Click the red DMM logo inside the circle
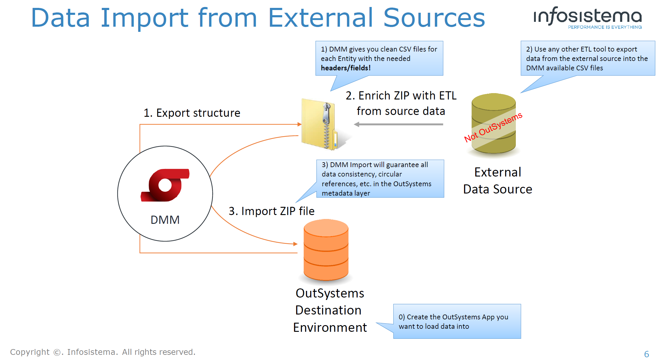tap(165, 185)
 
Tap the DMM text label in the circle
tap(165, 220)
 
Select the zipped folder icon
tap(319, 124)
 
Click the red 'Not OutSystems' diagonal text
tap(493, 127)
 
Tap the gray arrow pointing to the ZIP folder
tap(399, 124)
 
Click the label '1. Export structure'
tap(192, 113)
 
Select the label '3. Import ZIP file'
tap(272, 211)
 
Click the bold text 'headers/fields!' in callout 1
tap(346, 68)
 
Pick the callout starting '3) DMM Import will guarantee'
tap(379, 179)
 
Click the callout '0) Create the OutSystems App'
tap(456, 321)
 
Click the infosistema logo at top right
tap(587, 16)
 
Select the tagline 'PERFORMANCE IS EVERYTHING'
tap(605, 27)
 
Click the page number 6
tap(646, 354)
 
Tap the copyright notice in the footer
tap(103, 352)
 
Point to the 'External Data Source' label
tap(498, 180)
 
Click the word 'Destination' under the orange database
tap(328, 310)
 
